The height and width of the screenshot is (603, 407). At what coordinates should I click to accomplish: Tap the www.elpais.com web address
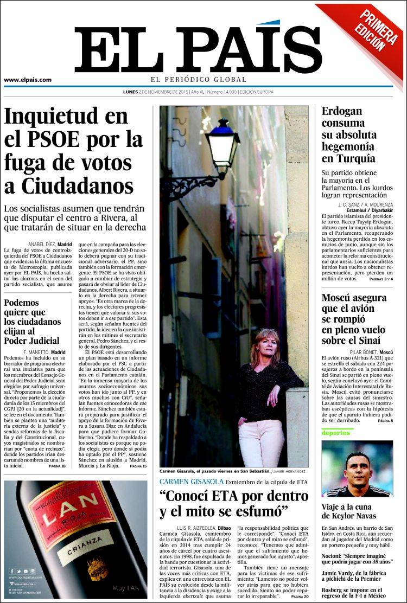(x=28, y=80)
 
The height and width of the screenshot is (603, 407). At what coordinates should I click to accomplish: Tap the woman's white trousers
(x=260, y=442)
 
